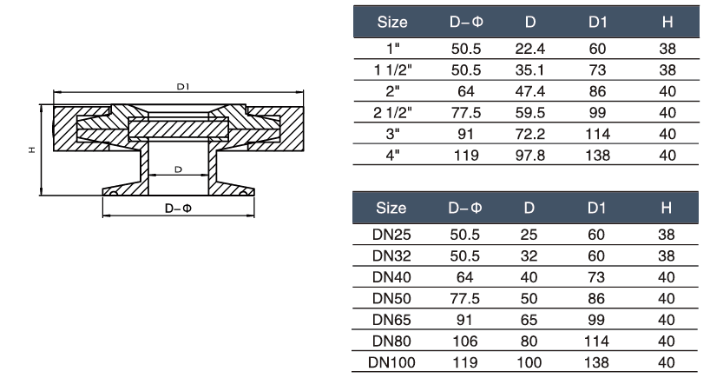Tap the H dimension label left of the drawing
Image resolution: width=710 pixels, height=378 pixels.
31,150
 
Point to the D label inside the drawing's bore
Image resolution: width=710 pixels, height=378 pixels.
178,169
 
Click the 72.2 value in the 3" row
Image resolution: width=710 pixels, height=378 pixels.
529,134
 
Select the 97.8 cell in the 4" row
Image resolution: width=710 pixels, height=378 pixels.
529,156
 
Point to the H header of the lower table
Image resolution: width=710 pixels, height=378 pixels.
666,209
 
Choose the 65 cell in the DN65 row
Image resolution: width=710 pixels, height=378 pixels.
529,320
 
